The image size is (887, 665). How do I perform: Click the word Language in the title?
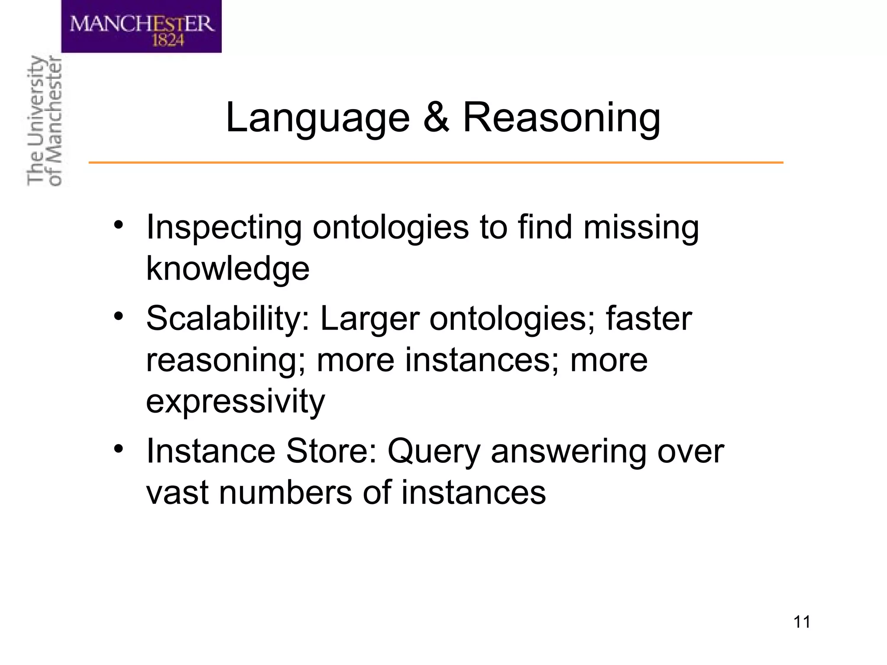tap(317, 118)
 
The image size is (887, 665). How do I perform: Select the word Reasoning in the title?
tap(562, 118)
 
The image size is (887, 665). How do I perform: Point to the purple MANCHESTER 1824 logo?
tap(141, 26)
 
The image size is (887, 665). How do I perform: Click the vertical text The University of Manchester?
tap(44, 121)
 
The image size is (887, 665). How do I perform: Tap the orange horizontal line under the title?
tap(436, 163)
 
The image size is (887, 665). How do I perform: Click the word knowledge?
tap(228, 268)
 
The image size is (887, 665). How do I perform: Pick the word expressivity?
tap(235, 401)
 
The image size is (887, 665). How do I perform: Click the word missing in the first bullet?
tap(641, 227)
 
